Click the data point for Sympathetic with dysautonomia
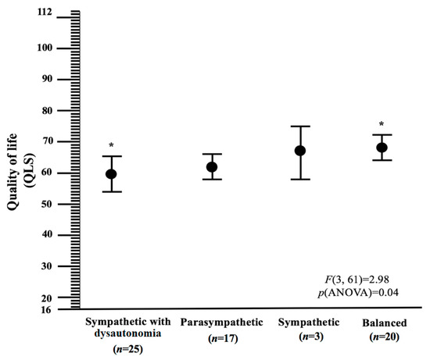point(111,174)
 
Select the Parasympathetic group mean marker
point(212,167)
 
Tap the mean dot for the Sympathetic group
point(300,151)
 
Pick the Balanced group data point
point(382,148)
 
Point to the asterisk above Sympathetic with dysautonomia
point(111,146)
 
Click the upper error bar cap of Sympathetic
point(300,127)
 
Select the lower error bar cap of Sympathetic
point(300,180)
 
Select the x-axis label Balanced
point(381,323)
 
